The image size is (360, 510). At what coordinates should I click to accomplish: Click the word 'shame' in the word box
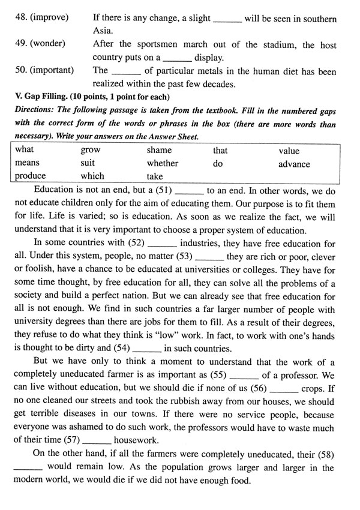click(159, 151)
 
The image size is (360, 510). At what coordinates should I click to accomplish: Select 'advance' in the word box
click(294, 164)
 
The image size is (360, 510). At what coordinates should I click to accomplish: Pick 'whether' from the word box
click(163, 163)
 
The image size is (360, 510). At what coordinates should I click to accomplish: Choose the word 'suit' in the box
click(88, 163)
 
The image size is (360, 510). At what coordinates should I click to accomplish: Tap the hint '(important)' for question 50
click(44, 70)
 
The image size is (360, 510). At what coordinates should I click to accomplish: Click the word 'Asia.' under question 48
click(104, 31)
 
